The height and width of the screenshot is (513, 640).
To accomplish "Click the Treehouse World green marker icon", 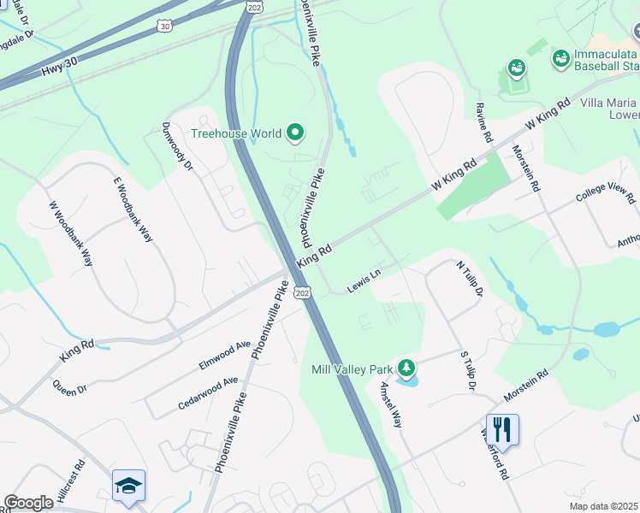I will (295, 133).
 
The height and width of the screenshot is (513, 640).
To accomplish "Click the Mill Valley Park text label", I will (353, 370).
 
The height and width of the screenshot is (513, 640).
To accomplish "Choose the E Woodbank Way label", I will (133, 209).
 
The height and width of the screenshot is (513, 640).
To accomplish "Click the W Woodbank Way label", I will (70, 233).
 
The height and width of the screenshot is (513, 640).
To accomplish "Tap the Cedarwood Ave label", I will (208, 392).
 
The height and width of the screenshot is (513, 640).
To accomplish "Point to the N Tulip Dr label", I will (471, 280).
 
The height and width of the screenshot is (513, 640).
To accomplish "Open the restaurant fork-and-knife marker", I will (502, 429).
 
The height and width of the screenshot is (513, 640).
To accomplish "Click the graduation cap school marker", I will (129, 485).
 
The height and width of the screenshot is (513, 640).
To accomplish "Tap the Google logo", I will (29, 503).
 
